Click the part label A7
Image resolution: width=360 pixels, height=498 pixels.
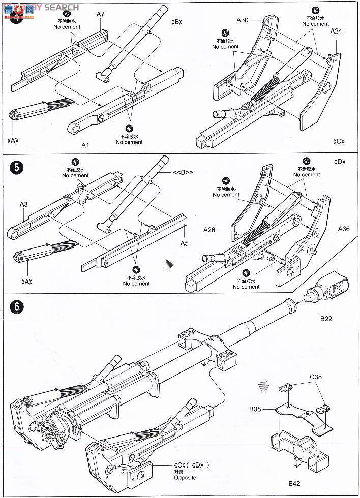point(100,14)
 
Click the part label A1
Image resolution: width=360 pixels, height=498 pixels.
point(86,145)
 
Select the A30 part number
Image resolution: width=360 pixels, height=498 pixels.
point(243,20)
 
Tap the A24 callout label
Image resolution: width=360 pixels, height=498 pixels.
point(336,31)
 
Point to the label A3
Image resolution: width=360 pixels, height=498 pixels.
point(23,204)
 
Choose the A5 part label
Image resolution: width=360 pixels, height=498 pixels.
point(184,243)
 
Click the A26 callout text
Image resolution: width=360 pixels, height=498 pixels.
point(209,230)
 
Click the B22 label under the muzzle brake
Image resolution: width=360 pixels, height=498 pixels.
point(326,319)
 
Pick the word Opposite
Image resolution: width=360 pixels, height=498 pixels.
point(185,478)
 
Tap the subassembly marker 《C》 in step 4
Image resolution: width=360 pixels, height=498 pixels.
point(338,141)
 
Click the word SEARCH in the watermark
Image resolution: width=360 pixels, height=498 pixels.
point(62,7)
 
